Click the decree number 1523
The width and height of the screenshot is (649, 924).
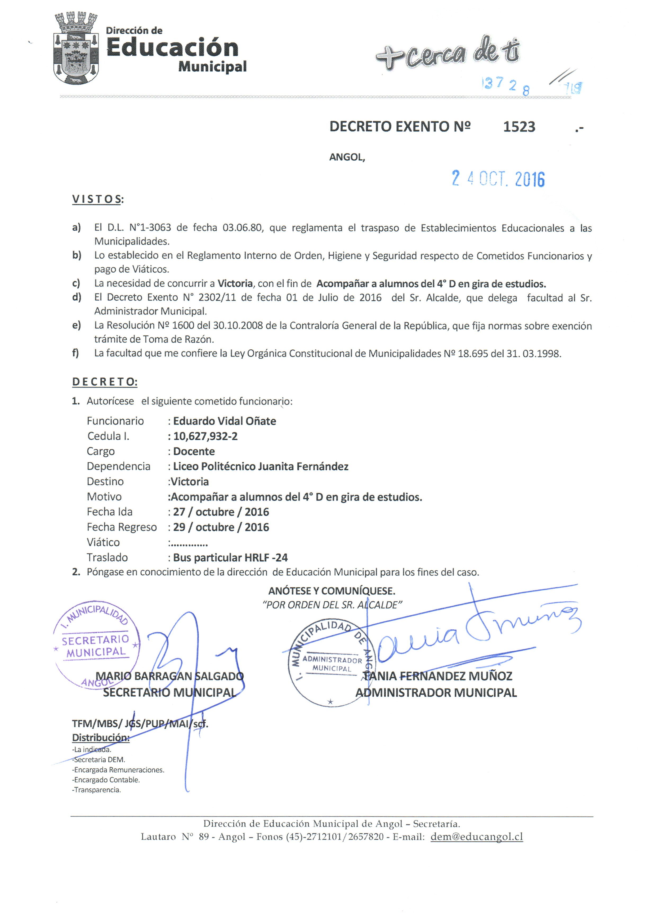[519, 127]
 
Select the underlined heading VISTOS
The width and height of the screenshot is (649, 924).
[97, 199]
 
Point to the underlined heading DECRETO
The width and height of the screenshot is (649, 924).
[104, 382]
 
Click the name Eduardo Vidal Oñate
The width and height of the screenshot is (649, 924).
[224, 421]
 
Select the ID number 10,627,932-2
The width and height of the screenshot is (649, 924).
[205, 436]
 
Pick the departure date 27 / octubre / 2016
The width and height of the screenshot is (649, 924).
[221, 512]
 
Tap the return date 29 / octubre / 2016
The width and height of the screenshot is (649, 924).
[221, 527]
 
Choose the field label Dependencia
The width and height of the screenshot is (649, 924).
[118, 466]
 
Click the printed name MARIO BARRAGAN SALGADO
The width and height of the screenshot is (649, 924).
[169, 676]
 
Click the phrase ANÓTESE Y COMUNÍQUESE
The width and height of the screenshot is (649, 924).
[332, 591]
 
